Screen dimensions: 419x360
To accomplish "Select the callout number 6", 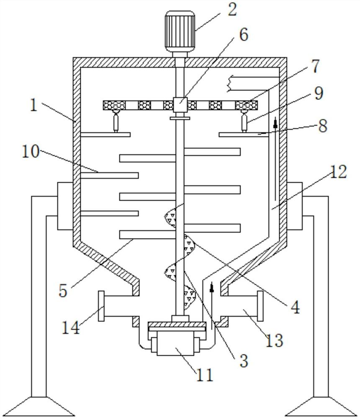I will [x=243, y=35].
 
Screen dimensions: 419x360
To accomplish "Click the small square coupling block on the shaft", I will [x=180, y=103].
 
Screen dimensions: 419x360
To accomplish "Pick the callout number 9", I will [x=319, y=93].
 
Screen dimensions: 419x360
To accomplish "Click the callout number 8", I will [x=322, y=126].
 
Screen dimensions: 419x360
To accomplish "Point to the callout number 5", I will [x=63, y=290].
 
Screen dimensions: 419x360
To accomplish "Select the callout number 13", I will [x=274, y=340].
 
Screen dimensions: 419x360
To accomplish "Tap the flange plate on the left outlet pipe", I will [x=101, y=306].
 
